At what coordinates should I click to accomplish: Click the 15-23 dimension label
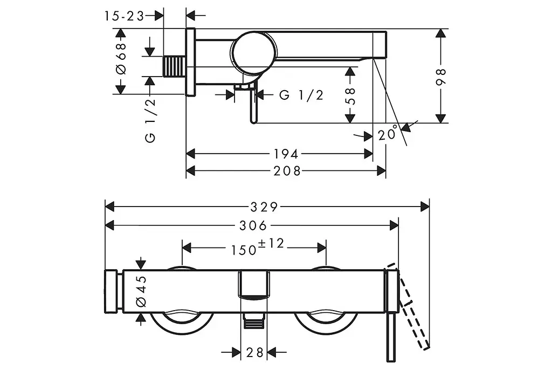(x=124, y=16)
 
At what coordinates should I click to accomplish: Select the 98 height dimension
(x=441, y=77)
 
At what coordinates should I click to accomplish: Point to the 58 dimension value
(x=350, y=96)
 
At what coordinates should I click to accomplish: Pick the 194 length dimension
(x=286, y=154)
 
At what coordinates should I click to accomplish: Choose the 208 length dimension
(x=287, y=171)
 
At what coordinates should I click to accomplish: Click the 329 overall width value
(x=264, y=207)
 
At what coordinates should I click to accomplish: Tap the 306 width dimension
(x=253, y=225)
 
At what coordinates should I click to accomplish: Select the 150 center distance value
(x=244, y=250)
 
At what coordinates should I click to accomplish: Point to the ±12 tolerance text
(x=271, y=243)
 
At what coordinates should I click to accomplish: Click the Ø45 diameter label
(x=141, y=291)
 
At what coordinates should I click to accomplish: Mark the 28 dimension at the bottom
(x=255, y=352)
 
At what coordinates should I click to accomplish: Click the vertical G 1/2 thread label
(x=150, y=121)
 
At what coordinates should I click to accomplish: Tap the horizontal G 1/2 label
(x=301, y=95)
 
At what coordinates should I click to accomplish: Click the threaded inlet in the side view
(x=174, y=66)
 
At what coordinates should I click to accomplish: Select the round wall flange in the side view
(x=190, y=61)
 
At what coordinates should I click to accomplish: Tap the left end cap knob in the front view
(x=111, y=291)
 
